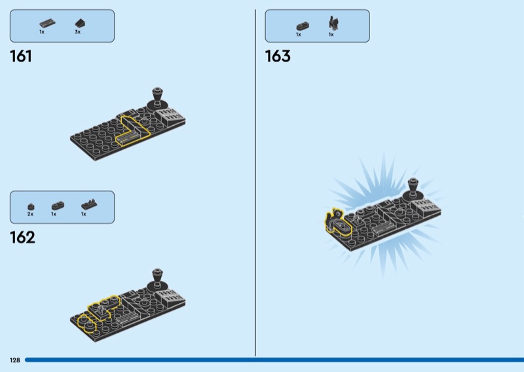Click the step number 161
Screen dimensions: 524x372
pyautogui.click(x=21, y=56)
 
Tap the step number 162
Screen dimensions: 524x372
pyautogui.click(x=22, y=238)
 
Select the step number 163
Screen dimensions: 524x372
pyautogui.click(x=278, y=56)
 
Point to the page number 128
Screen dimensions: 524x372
pyautogui.click(x=15, y=360)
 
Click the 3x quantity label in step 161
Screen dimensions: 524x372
pyautogui.click(x=77, y=32)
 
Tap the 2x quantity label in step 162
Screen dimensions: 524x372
pyautogui.click(x=30, y=214)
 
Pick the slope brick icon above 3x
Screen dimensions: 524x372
pyautogui.click(x=80, y=24)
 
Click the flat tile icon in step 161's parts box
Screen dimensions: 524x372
pyautogui.click(x=47, y=24)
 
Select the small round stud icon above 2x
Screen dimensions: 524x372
pyautogui.click(x=31, y=206)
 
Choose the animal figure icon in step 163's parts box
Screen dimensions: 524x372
pyautogui.click(x=333, y=22)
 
